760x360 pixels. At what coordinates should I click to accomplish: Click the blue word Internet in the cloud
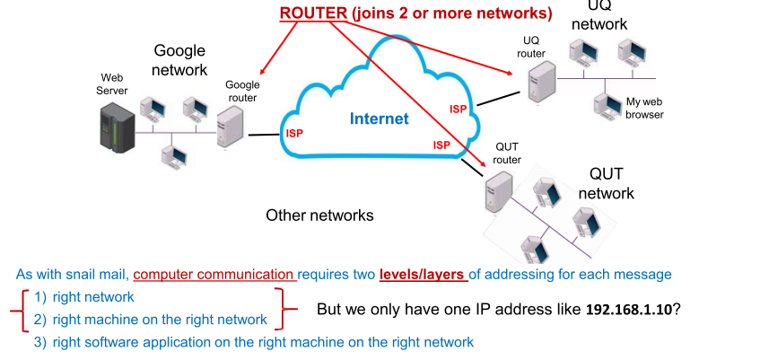[x=379, y=119]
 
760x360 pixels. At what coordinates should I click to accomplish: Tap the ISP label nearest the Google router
[x=294, y=133]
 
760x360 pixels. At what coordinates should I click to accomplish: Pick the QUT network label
[x=606, y=183]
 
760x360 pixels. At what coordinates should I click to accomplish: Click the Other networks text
[x=319, y=215]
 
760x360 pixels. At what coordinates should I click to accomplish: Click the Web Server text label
[x=115, y=83]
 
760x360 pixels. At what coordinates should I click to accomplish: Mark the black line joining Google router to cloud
[x=264, y=136]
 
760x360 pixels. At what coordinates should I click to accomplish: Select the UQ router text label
[x=531, y=48]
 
